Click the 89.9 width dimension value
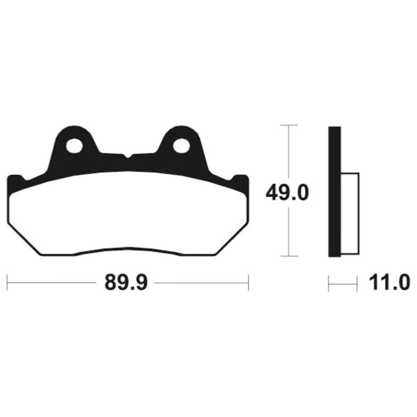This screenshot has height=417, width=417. (126, 283)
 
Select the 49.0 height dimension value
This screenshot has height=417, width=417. (287, 193)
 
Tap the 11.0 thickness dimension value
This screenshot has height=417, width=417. (389, 283)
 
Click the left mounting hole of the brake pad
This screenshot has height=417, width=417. (74, 146)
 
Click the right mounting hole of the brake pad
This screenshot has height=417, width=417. (181, 146)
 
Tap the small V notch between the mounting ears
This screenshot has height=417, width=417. (128, 156)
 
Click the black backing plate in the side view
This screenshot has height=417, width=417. (335, 191)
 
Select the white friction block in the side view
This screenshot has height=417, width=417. (350, 214)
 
